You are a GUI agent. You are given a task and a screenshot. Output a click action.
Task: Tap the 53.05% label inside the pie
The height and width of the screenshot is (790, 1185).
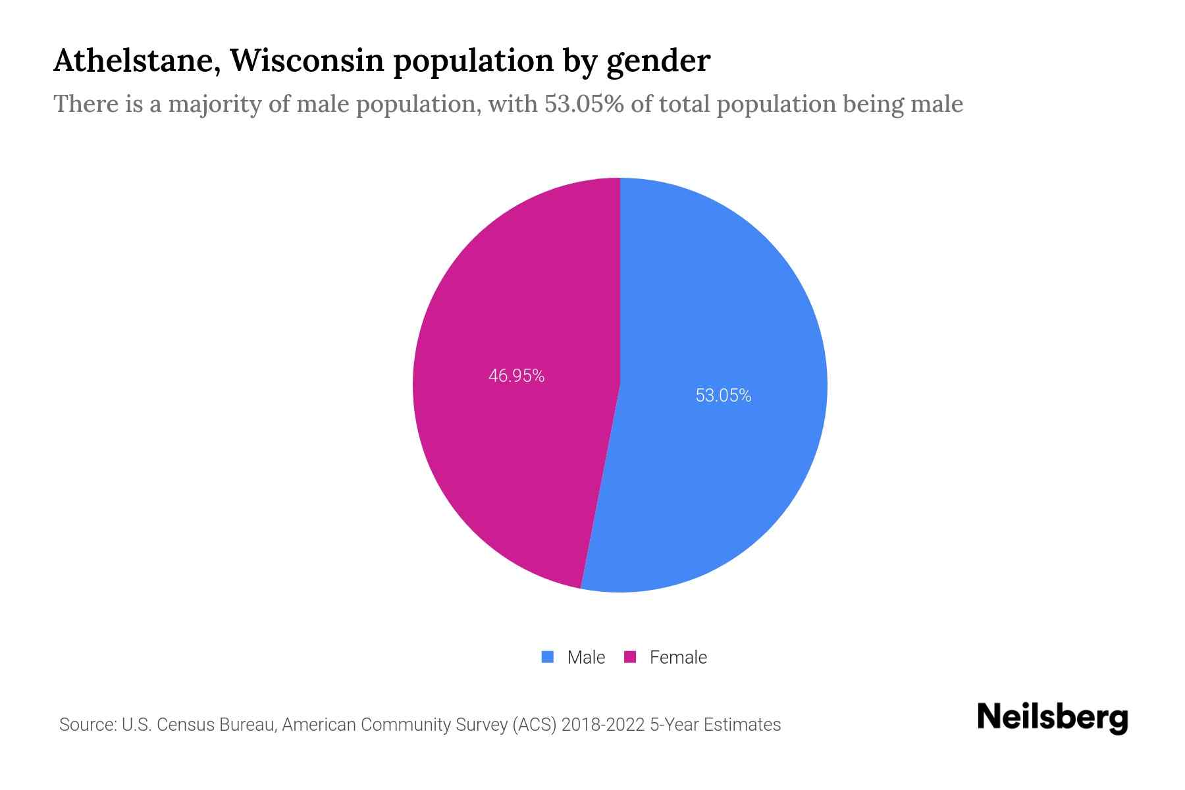coord(723,396)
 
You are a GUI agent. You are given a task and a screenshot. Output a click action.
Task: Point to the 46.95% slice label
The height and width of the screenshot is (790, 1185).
coord(516,376)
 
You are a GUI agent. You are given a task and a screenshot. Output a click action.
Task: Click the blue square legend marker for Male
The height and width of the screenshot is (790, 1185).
coord(547,657)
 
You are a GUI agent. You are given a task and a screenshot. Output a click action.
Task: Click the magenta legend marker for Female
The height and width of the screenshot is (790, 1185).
coord(630,657)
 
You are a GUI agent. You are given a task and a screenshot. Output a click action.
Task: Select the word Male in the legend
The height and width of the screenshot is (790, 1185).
coord(586,658)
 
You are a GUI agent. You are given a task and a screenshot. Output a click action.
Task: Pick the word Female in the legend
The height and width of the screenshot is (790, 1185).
coord(678,658)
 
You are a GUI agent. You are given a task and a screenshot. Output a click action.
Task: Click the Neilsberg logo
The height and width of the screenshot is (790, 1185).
coord(1052,718)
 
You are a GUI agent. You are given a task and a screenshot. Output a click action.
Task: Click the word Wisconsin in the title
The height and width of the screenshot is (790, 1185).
coord(307,61)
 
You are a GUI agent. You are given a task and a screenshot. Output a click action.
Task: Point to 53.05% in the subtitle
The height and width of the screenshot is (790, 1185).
coord(583,104)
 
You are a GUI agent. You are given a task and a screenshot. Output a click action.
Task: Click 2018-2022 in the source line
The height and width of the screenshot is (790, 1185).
coord(602,725)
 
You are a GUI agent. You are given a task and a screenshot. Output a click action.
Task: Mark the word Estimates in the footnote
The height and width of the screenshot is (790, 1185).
coord(742,725)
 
